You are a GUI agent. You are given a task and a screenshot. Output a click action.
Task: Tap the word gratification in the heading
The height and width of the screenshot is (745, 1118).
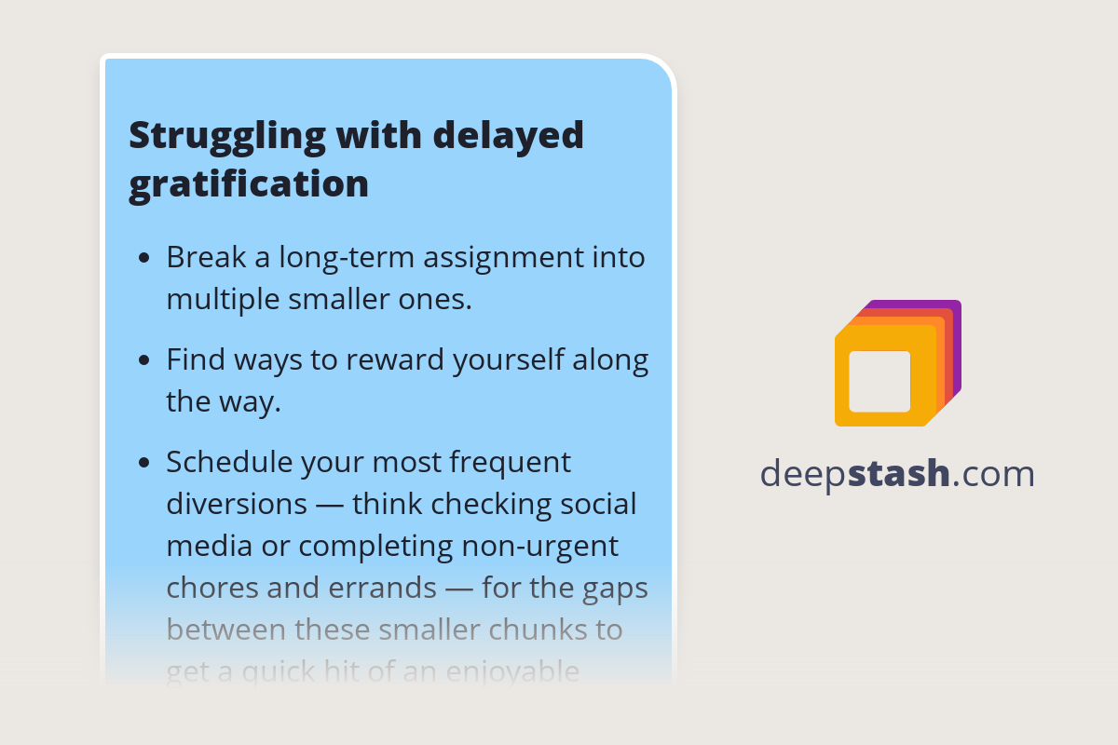[249, 184]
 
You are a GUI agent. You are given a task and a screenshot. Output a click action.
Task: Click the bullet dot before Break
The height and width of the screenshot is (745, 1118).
[143, 258]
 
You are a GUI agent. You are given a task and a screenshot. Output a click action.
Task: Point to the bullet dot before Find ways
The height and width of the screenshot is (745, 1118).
[143, 360]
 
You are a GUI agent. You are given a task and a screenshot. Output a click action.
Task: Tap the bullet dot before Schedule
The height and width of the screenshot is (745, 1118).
[143, 463]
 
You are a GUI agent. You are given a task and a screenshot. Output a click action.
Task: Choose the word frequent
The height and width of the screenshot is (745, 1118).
[510, 462]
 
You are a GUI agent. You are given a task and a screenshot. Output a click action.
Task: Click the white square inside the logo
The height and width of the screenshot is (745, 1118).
[879, 381]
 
